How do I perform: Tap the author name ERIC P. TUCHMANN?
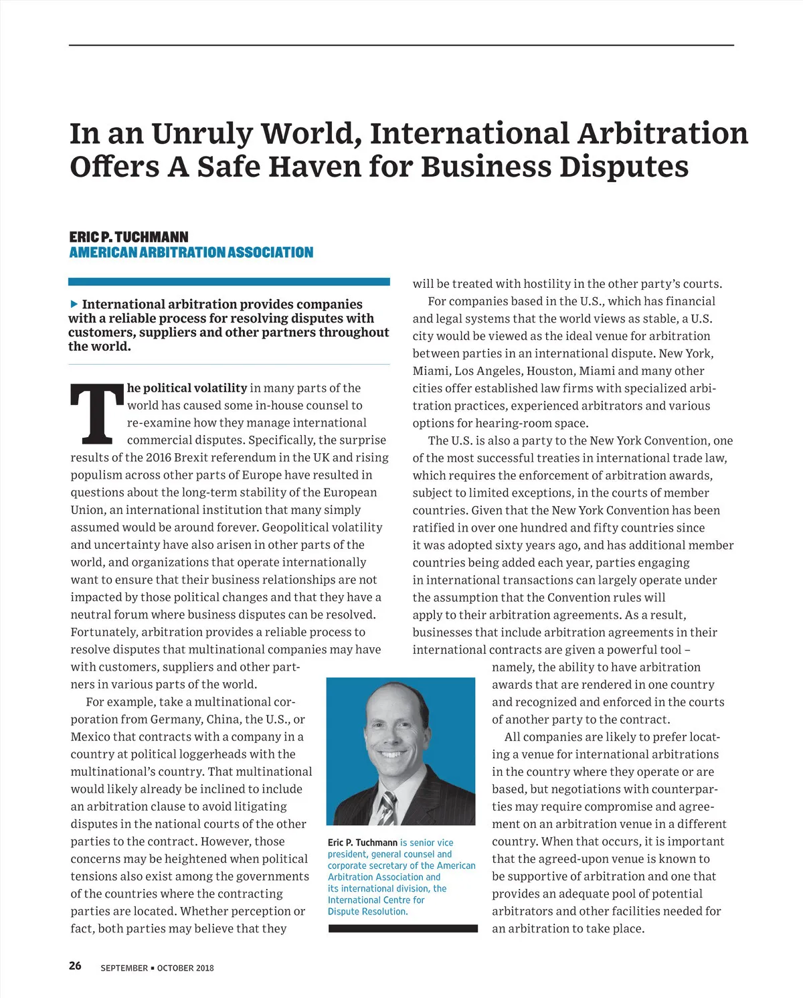point(128,237)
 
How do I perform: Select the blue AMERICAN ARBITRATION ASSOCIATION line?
point(191,252)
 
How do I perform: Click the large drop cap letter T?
point(98,414)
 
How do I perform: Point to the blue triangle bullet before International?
point(74,304)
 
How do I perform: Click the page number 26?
point(75,965)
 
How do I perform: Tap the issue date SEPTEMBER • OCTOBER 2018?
point(157,968)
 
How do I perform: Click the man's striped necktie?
point(387,807)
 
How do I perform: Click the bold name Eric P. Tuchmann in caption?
point(362,843)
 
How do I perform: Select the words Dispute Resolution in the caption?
point(367,912)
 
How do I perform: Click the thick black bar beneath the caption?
point(403,928)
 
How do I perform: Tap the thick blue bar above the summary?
point(229,282)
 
